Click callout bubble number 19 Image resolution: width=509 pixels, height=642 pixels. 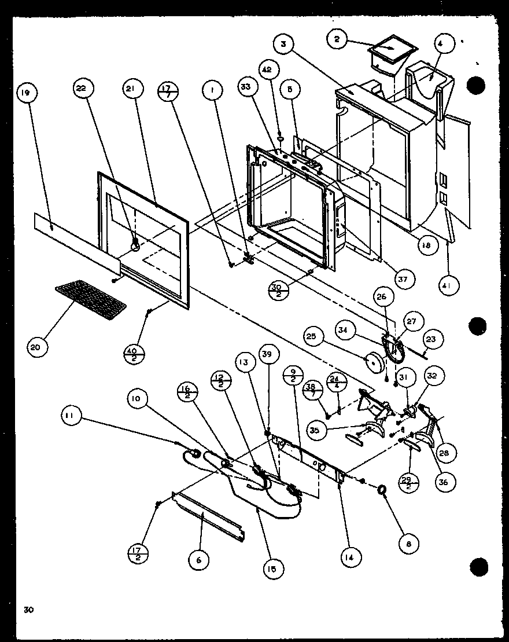tap(26, 93)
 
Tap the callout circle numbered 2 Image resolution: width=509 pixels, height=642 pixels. tap(336, 39)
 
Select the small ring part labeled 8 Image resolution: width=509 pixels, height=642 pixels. tap(382, 491)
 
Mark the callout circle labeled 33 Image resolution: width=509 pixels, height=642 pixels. tap(246, 89)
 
